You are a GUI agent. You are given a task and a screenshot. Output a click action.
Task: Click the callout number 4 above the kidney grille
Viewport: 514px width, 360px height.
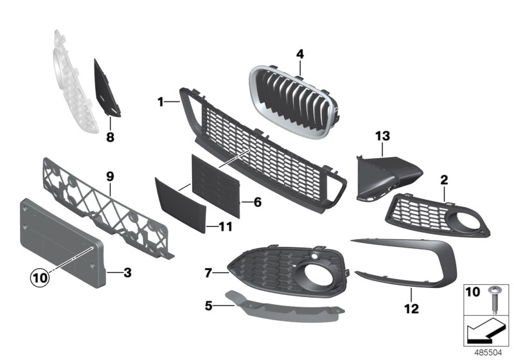[x=299, y=54]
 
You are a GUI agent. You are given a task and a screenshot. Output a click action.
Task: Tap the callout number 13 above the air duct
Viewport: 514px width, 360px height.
[x=383, y=136]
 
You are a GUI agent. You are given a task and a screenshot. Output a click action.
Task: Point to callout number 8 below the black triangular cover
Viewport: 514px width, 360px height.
[x=110, y=136]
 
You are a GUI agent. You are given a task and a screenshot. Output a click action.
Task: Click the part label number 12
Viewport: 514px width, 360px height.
[x=411, y=310]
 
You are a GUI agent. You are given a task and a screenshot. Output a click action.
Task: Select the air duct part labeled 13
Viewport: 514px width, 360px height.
[x=385, y=177]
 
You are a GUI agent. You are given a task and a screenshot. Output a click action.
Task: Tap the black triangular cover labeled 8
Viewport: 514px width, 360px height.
[x=104, y=90]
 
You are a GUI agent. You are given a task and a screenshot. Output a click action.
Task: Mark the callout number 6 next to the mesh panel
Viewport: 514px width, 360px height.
[x=257, y=202]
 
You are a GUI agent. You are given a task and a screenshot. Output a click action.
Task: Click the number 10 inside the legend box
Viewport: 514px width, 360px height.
[x=473, y=293]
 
